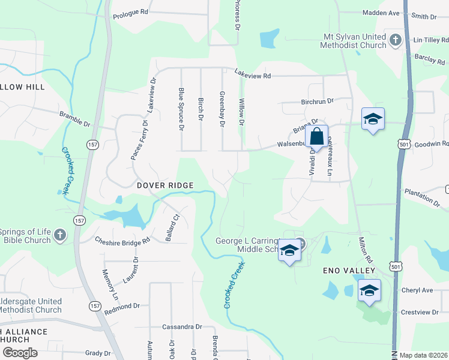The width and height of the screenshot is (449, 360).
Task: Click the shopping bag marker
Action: pyautogui.click(x=316, y=136)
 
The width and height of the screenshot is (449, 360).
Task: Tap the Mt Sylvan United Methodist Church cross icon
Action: pyautogui.click(x=395, y=40)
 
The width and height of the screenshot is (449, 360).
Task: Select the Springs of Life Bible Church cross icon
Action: pyautogui.click(x=59, y=235)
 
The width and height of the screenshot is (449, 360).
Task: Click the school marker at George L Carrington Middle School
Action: pyautogui.click(x=289, y=251)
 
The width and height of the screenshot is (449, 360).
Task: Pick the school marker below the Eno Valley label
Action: pyautogui.click(x=370, y=292)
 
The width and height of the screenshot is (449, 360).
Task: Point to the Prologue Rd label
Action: pyautogui.click(x=130, y=12)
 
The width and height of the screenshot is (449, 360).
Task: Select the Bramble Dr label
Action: pyautogui.click(x=74, y=119)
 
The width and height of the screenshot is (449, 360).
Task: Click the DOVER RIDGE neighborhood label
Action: pyautogui.click(x=165, y=186)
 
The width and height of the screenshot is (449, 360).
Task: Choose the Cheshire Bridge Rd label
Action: pyautogui.click(x=122, y=241)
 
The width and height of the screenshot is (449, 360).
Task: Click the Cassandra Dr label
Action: pyautogui.click(x=181, y=327)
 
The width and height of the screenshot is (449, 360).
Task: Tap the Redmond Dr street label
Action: pyautogui.click(x=122, y=306)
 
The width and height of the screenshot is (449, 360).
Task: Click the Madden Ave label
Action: pyautogui.click(x=381, y=13)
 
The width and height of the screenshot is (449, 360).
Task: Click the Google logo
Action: pyautogui.click(x=20, y=353)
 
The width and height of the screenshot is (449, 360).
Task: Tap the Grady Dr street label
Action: pyautogui.click(x=98, y=353)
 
